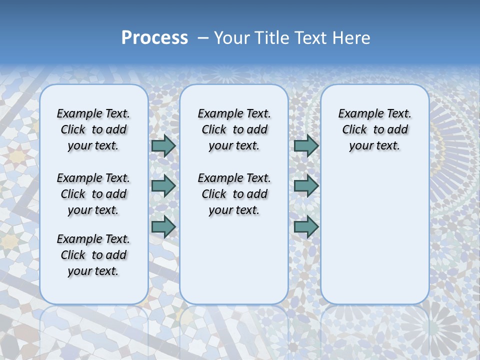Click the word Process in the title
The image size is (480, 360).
(154, 38)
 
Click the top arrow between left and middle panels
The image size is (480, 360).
(163, 145)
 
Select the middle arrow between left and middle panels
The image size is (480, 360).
(163, 186)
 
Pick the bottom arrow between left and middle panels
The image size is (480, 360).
(163, 226)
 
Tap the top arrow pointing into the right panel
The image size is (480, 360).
(306, 145)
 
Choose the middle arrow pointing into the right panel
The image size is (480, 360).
(306, 186)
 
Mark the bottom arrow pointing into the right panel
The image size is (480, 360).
(306, 226)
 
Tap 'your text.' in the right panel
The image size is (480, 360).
(374, 146)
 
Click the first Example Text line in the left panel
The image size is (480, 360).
(93, 114)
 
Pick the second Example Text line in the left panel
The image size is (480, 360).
(93, 178)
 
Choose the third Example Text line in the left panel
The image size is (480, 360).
(93, 239)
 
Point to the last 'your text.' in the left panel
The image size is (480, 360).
(93, 271)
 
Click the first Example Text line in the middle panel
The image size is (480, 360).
(234, 114)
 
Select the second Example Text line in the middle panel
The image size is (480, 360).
(234, 178)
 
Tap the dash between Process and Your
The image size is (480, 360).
(203, 38)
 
